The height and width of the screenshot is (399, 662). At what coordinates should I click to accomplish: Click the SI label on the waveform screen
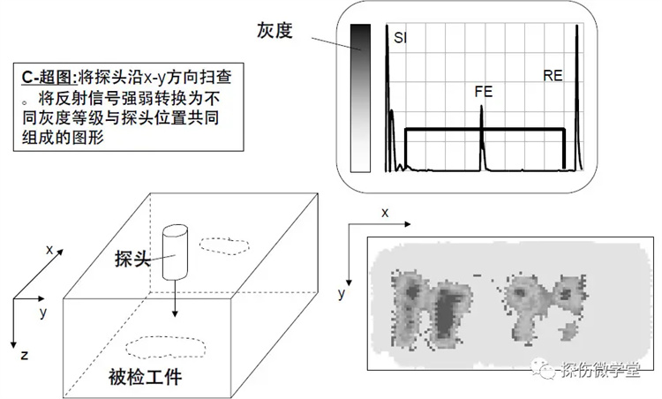(x=399, y=38)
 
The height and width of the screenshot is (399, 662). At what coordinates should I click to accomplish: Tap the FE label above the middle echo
(x=484, y=92)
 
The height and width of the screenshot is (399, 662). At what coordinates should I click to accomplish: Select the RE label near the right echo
(x=553, y=76)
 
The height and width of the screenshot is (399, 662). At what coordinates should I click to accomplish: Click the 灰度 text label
(x=275, y=30)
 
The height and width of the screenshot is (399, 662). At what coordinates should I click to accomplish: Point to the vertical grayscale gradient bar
(x=360, y=98)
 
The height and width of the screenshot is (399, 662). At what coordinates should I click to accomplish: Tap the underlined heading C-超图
(x=48, y=78)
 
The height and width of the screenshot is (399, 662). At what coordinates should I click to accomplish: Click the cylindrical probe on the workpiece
(x=176, y=252)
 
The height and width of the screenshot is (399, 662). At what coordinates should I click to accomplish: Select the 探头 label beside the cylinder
(x=132, y=259)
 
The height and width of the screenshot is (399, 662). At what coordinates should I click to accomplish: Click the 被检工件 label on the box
(x=145, y=377)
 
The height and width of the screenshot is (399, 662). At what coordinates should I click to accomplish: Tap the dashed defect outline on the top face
(x=224, y=245)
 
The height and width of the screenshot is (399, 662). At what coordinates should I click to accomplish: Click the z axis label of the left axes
(x=25, y=356)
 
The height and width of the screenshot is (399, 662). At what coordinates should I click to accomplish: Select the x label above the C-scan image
(x=385, y=213)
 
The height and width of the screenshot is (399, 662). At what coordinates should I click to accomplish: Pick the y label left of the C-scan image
(x=342, y=293)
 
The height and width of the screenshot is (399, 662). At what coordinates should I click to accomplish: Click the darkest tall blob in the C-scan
(x=445, y=312)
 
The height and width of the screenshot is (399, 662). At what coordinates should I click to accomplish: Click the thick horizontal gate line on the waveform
(x=485, y=129)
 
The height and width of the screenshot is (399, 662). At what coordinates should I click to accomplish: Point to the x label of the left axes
(x=49, y=250)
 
